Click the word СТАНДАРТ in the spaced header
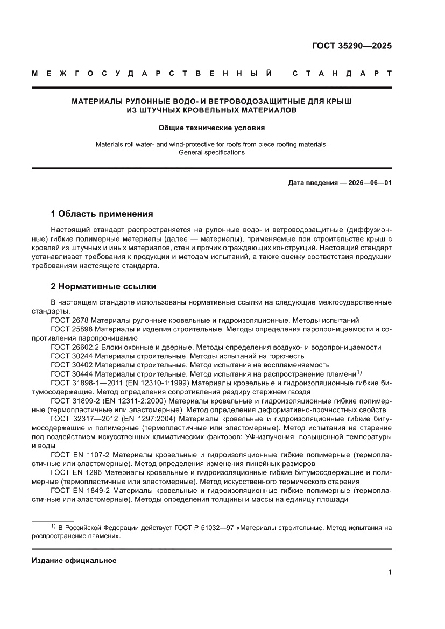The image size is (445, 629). (x=342, y=73)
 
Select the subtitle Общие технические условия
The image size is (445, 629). (x=211, y=128)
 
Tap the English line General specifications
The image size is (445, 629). (x=211, y=152)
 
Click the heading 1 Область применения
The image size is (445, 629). (x=102, y=214)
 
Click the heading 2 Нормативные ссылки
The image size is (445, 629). (x=103, y=286)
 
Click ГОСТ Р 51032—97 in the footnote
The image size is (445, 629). (x=203, y=528)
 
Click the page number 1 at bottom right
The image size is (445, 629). (x=389, y=573)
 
